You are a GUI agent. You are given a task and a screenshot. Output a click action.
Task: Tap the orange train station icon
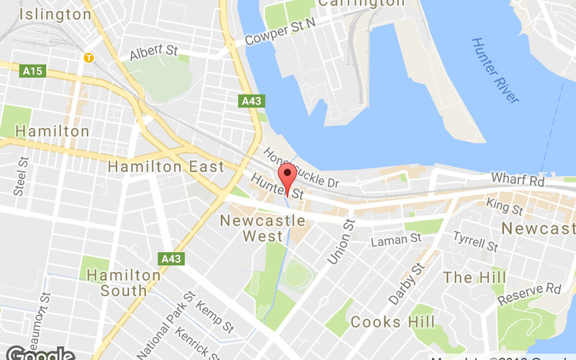tap(89, 57)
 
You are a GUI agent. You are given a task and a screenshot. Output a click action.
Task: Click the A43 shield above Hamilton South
tap(171, 258)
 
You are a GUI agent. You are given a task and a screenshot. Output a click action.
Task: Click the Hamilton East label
tap(166, 167)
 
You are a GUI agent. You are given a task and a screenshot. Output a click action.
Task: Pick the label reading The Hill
tap(474, 277)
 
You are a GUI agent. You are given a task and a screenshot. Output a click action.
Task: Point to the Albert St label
tap(153, 53)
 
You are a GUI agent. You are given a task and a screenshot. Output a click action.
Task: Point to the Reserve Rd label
tap(530, 293)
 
